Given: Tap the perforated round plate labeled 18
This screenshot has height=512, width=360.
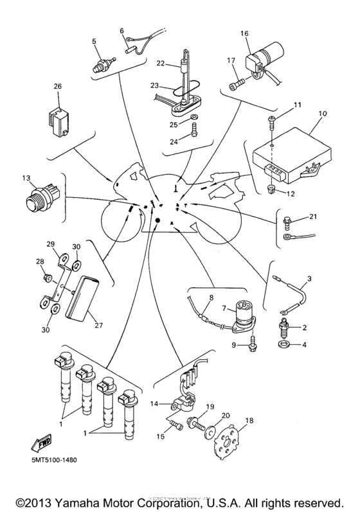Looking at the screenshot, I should (230, 442).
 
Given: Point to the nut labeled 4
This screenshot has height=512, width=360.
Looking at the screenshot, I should (285, 347).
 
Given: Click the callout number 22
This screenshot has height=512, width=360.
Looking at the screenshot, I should (161, 64).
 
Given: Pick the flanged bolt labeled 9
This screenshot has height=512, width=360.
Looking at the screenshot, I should (252, 346).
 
